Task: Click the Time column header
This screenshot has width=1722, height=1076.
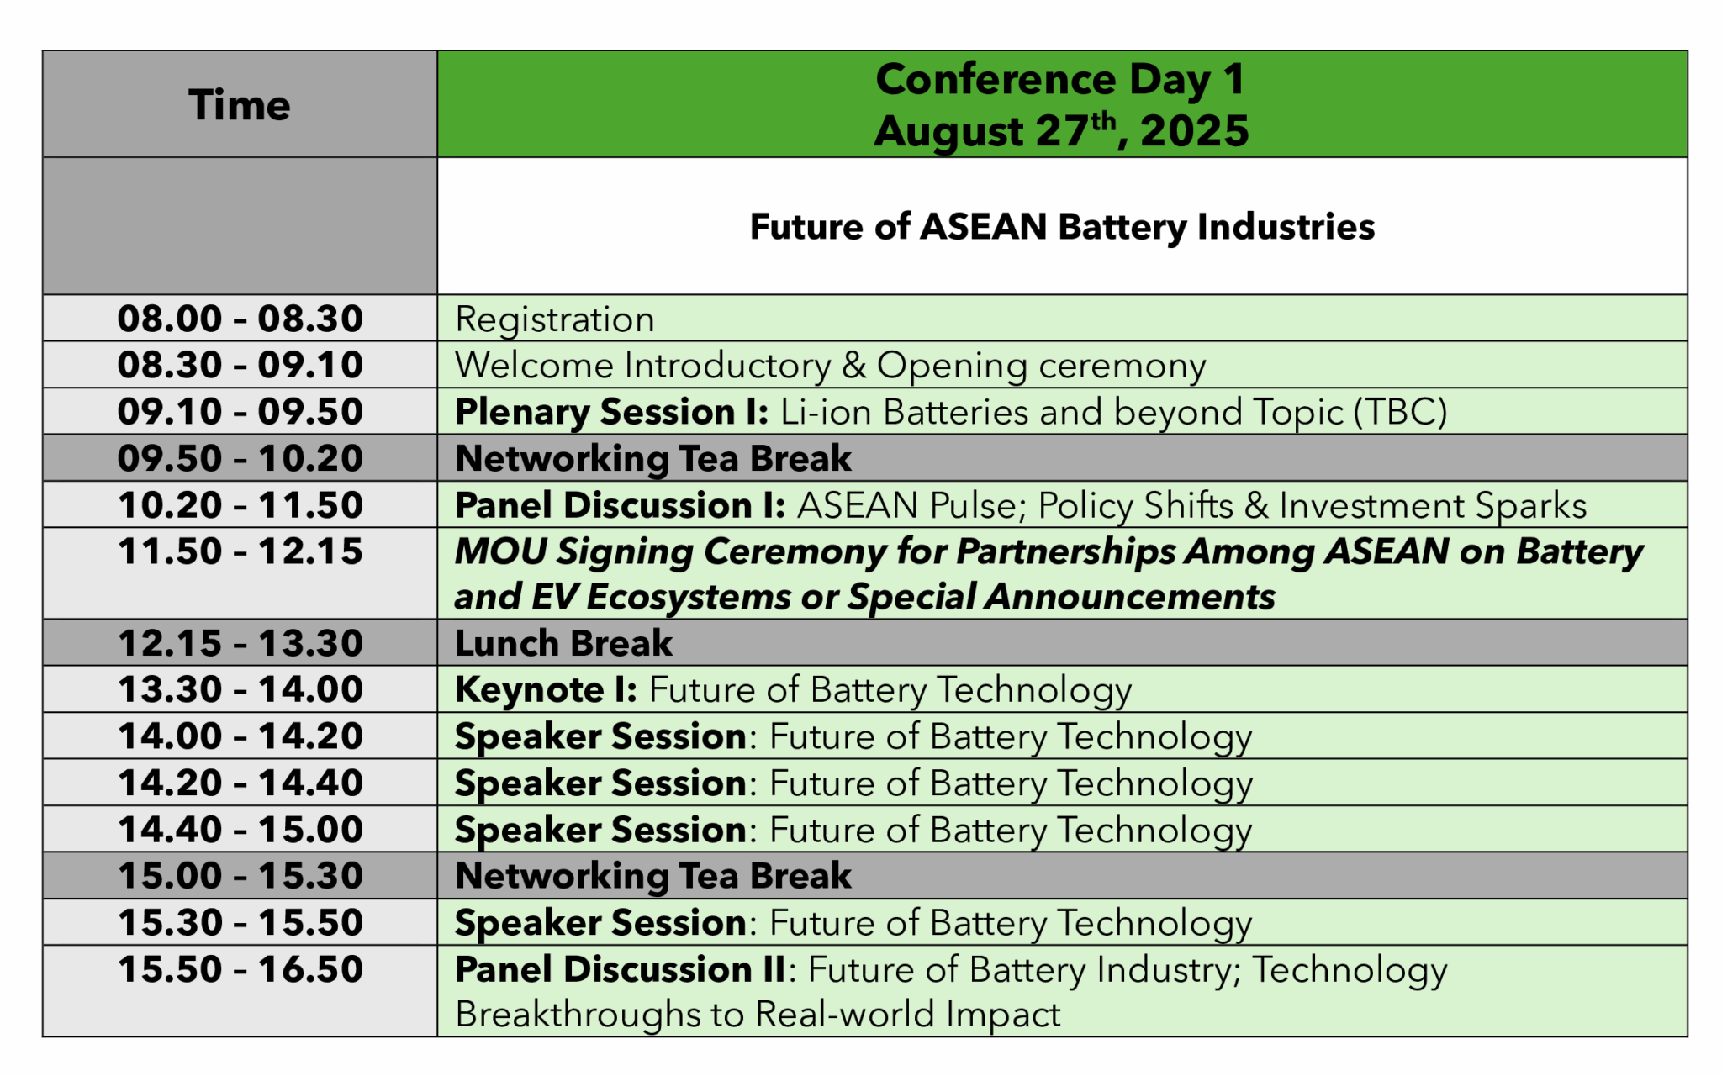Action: (240, 105)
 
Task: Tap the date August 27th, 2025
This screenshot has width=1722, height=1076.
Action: (1061, 131)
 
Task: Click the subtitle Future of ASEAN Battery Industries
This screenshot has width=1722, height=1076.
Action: (1061, 227)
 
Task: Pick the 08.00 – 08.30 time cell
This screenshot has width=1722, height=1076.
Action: (240, 319)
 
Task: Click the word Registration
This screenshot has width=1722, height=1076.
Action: (554, 319)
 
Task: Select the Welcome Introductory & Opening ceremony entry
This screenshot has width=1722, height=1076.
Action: (830, 366)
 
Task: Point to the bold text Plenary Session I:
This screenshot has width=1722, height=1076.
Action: (611, 412)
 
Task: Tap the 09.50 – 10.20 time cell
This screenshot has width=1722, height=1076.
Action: (240, 458)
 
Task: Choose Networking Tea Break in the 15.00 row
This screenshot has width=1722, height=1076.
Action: (652, 876)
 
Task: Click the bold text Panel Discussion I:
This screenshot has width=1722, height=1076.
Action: (620, 505)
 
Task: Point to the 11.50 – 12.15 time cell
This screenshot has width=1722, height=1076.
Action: (240, 551)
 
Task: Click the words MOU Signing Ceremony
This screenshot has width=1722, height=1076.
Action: (670, 551)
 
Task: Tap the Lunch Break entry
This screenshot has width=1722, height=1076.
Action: (563, 644)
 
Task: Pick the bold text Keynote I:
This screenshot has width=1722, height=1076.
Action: (546, 690)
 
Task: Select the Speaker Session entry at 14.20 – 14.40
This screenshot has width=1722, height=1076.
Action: (853, 783)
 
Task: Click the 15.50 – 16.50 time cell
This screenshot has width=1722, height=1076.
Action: (240, 969)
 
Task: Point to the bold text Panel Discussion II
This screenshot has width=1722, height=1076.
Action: (620, 969)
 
